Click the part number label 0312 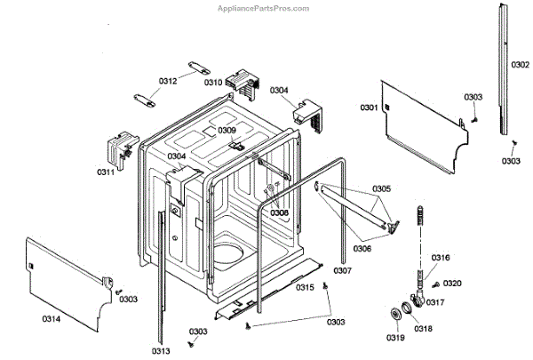(x=168, y=81)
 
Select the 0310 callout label (x=213, y=82)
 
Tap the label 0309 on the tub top (x=227, y=131)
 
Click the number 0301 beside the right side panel (x=369, y=108)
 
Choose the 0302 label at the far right (x=521, y=65)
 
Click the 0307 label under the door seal (x=343, y=270)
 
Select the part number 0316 (x=441, y=258)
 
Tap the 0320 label (x=452, y=284)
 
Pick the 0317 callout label (x=434, y=302)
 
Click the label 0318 (x=423, y=329)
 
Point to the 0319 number (x=395, y=338)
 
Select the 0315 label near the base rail (x=305, y=287)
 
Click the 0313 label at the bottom (x=161, y=351)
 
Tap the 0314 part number (x=52, y=318)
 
